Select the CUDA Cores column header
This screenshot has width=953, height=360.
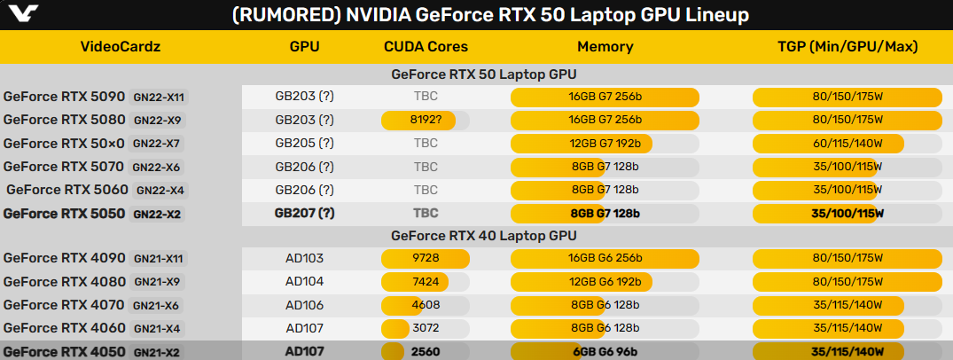coord(426,47)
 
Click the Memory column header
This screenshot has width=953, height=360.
coord(605,47)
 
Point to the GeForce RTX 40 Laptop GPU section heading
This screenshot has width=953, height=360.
coord(483,235)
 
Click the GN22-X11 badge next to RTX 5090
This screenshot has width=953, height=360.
coord(160,97)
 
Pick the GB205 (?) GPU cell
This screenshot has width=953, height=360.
coord(304,143)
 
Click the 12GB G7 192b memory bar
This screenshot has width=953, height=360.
coord(582,143)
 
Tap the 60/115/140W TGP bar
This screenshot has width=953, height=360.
coord(828,143)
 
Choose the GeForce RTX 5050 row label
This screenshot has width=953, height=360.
coord(64,213)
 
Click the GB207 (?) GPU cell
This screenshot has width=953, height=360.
coord(304,213)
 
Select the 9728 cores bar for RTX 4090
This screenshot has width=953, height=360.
coord(425,258)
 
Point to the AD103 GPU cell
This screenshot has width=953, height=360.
coord(304,258)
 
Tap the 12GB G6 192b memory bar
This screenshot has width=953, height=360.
coord(582,281)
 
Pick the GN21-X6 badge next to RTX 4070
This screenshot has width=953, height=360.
coord(157,304)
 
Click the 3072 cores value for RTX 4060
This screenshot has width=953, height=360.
coord(425,327)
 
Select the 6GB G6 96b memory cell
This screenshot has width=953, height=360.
coord(605,350)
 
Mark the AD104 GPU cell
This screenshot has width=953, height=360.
coord(304,281)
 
